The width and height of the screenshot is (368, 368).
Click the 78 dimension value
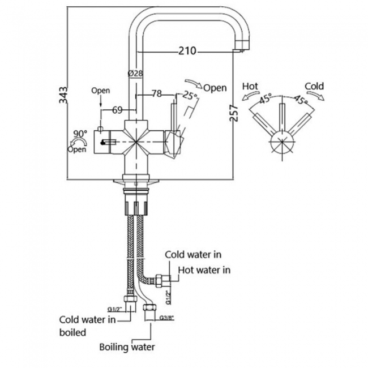tap(157, 93)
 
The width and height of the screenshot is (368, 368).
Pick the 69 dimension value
tap(117, 110)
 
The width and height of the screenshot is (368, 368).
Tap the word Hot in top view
tap(250, 86)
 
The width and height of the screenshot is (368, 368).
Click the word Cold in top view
tap(314, 86)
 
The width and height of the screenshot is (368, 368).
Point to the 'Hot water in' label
tap(204, 270)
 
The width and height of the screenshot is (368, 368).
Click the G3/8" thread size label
tap(166, 319)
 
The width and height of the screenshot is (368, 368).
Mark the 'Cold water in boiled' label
tap(88, 326)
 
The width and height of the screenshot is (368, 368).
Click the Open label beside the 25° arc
tap(215, 88)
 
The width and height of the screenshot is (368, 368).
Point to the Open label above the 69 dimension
tap(100, 91)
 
